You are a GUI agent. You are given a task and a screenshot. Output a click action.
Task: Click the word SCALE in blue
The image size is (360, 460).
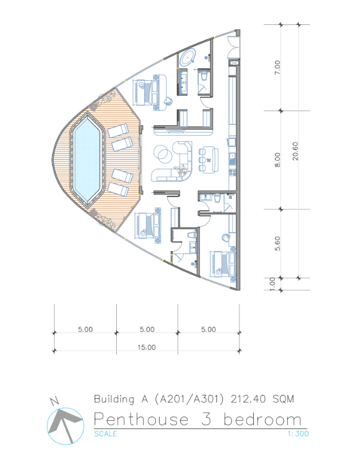coord(105,434)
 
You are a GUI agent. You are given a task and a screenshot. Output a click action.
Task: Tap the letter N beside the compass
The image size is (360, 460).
coord(54,402)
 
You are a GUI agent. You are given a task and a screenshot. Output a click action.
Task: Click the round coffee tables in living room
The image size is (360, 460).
coord(164,154)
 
